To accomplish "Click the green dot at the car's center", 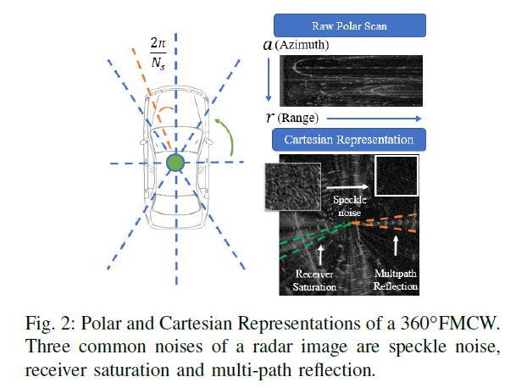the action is point(175,163).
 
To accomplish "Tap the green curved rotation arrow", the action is point(226,141).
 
